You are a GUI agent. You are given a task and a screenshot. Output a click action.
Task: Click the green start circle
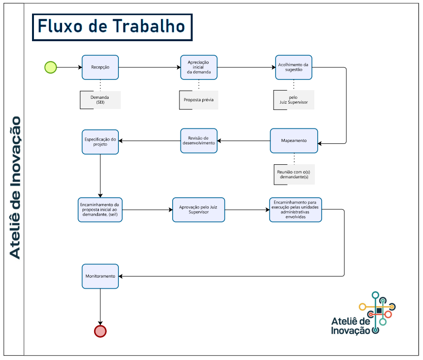pos(50,67)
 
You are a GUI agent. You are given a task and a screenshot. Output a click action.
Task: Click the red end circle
pos(100,331)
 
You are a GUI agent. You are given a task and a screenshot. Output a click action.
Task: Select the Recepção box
pos(100,67)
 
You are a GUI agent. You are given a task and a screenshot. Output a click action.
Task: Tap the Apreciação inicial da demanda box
pos(199,67)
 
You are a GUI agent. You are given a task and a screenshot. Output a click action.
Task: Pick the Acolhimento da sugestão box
pos(293,67)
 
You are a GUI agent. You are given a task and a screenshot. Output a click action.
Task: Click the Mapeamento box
pos(294,141)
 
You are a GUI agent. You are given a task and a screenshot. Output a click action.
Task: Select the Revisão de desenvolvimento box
pos(199,141)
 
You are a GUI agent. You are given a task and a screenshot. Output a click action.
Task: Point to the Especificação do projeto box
pos(100,142)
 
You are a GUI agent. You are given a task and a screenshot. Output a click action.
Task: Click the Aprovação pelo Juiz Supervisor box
pos(198,210)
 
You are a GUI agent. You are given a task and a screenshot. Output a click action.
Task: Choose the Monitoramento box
pos(100,276)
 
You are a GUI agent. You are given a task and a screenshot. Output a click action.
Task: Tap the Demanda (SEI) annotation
pos(100,100)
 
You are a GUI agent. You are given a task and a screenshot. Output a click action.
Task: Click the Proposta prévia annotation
pos(198,100)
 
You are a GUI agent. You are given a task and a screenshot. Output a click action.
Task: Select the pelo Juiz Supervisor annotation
pos(293,100)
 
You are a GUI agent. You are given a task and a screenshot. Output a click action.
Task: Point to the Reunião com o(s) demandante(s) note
pos(294,174)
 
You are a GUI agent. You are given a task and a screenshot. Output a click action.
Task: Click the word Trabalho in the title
pos(148,26)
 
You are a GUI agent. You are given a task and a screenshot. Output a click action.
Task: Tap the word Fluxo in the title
pos(60,26)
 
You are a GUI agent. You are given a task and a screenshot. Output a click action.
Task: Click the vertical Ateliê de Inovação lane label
pos(15,188)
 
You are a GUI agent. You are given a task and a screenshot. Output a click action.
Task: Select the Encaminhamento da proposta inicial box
pos(100,210)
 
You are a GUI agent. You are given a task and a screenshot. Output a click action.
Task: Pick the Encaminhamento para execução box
pos(295,210)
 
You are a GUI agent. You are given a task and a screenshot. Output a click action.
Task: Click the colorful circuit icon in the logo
pos(378,312)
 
